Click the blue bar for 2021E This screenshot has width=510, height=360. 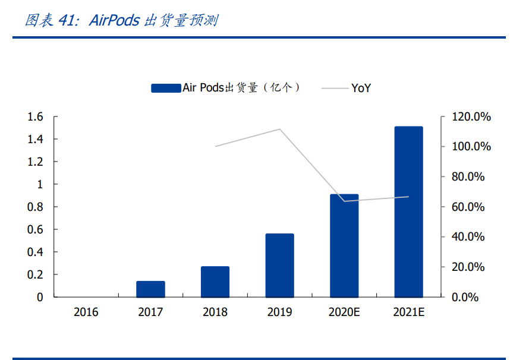pos(408,211)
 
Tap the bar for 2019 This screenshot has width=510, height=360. pos(279,265)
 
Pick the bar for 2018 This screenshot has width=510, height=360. pos(215,282)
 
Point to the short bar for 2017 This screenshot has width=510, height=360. pos(150,289)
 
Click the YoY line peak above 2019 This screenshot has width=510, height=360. pos(279,129)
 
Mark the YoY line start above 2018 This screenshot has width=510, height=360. pos(215,146)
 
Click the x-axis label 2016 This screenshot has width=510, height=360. pos(86,312)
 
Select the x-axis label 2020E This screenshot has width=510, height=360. pos(344,312)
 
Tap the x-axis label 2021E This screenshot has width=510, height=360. pos(408,312)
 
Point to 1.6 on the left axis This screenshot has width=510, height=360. pos(36,117)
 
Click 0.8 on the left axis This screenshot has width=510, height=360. pos(36,207)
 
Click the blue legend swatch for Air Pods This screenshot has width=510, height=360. pos(166,88)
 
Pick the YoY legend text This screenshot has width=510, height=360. pos(361,88)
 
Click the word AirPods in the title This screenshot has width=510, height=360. pos(114,21)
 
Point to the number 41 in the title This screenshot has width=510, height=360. pos(67,21)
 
